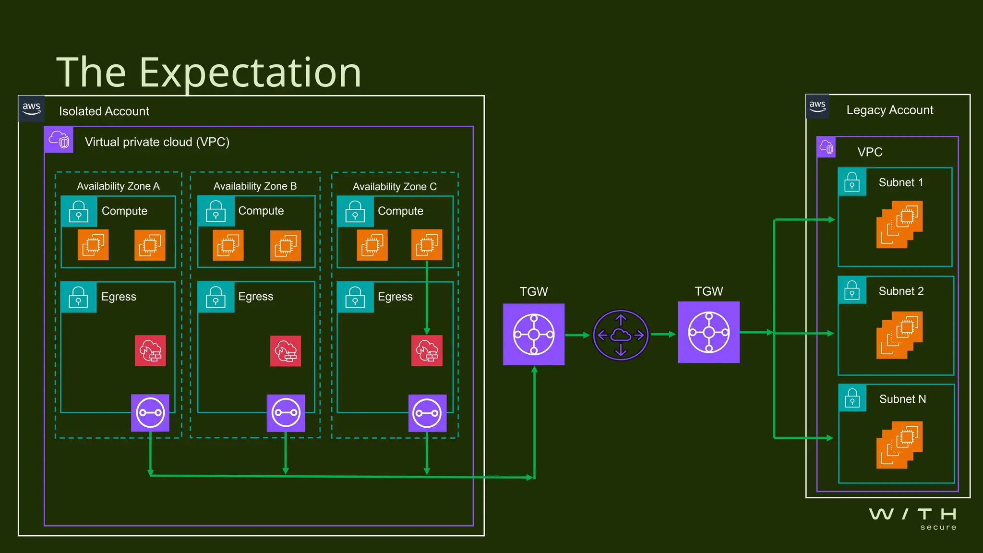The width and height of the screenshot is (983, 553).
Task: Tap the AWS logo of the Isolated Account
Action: click(32, 108)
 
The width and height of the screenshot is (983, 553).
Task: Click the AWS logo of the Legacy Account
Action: click(817, 107)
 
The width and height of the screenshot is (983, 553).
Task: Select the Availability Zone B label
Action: click(255, 186)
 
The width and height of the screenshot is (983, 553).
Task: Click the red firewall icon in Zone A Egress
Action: click(150, 351)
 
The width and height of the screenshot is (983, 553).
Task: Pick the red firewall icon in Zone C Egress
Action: click(427, 351)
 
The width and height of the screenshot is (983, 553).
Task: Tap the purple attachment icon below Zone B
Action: click(286, 413)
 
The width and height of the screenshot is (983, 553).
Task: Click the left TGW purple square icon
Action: click(534, 334)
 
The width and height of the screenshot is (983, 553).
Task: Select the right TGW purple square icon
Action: click(708, 332)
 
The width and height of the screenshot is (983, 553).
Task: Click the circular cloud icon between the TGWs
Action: click(621, 335)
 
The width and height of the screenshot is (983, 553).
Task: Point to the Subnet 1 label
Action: click(900, 182)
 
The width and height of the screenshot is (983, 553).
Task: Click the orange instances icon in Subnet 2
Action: click(899, 335)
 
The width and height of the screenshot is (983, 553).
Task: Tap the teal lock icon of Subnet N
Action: click(852, 398)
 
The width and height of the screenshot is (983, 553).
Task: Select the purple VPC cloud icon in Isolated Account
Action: click(59, 140)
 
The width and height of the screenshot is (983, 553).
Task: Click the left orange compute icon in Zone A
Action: click(93, 245)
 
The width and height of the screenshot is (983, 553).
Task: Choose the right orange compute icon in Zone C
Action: click(427, 245)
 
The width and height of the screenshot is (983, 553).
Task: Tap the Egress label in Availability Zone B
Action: click(255, 297)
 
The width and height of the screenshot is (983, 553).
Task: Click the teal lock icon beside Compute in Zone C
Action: click(355, 211)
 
